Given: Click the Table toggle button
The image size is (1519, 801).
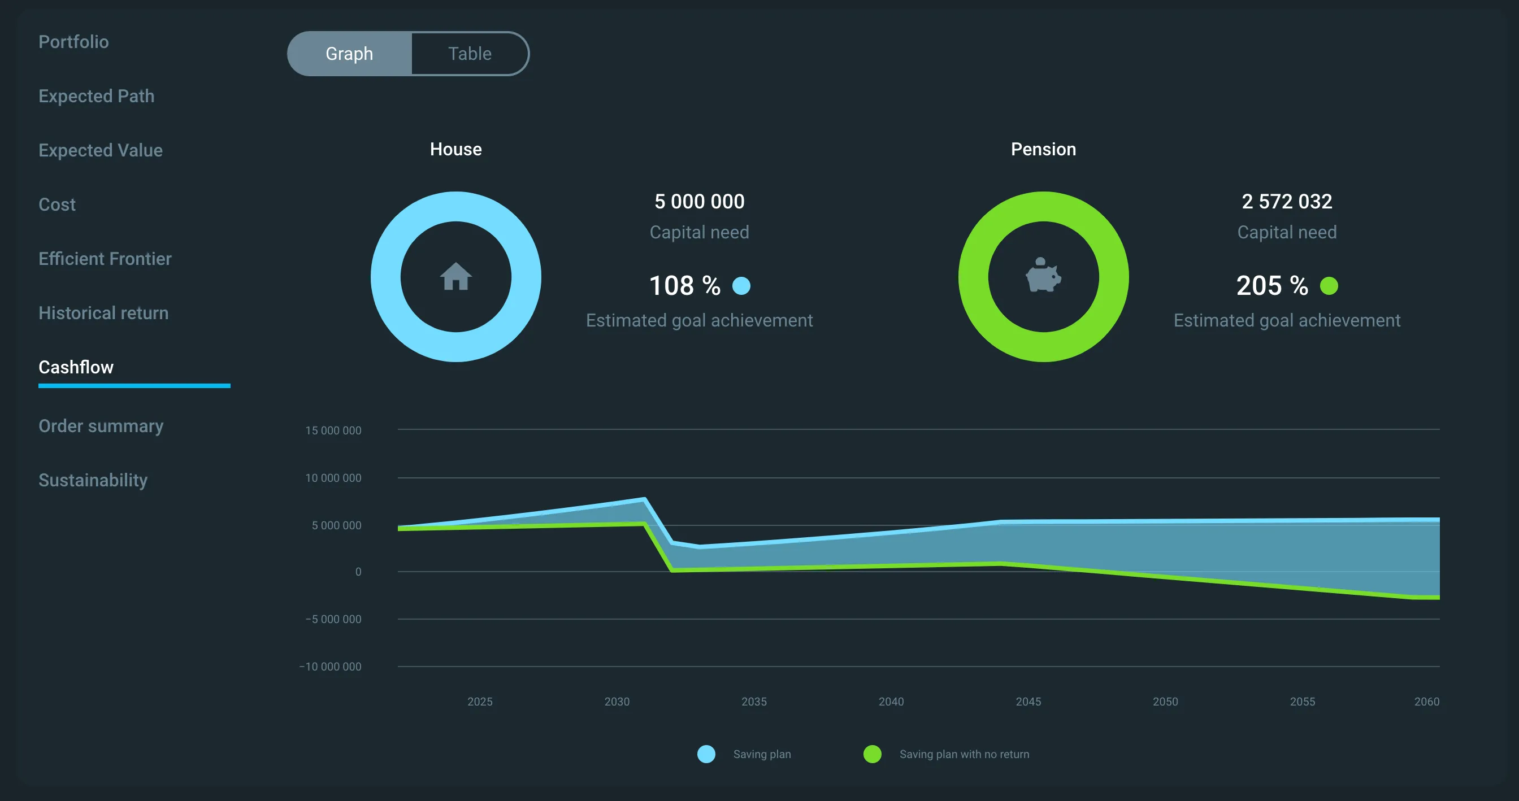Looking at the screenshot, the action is (x=470, y=54).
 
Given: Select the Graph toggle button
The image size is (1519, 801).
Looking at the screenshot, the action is (x=349, y=54).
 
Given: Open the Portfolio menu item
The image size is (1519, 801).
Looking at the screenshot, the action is (x=73, y=42).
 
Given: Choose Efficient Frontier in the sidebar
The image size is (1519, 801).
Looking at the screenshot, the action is (x=105, y=259).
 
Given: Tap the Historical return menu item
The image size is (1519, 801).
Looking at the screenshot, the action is (x=104, y=313).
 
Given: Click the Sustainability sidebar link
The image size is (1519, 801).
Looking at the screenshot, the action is (x=93, y=480).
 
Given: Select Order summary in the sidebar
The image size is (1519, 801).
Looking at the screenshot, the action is (x=101, y=426).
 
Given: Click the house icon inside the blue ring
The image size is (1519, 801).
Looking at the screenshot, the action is (x=456, y=276).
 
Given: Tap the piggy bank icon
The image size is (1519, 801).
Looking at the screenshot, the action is (x=1043, y=275).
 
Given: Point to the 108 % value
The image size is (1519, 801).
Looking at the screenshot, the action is (x=684, y=286).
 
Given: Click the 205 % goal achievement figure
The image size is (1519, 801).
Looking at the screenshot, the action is (x=1272, y=286).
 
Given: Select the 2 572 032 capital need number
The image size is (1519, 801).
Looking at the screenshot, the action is (x=1287, y=202).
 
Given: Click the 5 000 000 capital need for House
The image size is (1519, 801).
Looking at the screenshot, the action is (x=700, y=202).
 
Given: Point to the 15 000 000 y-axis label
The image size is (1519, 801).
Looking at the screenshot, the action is (x=333, y=430).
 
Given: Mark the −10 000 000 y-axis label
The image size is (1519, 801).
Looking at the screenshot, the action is (x=330, y=667).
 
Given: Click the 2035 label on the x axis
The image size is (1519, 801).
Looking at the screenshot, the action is (x=754, y=702).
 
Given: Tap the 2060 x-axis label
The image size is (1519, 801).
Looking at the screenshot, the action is (x=1427, y=702).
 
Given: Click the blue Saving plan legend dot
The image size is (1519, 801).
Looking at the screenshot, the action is (x=706, y=754).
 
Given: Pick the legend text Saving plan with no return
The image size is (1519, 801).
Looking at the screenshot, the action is (x=964, y=754).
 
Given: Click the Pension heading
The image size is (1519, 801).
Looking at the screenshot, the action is (x=1043, y=149).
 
